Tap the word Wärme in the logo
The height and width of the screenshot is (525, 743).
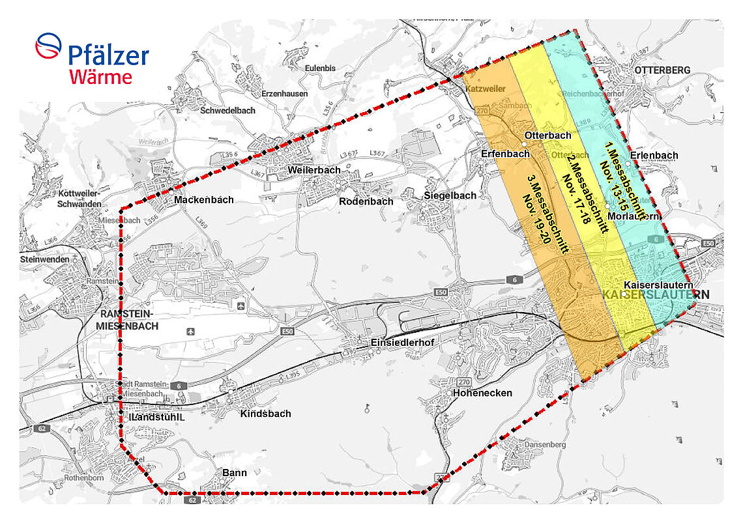[101, 77]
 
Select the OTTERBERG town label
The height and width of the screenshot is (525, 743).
[662, 70]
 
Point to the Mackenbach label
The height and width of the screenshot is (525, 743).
[203, 199]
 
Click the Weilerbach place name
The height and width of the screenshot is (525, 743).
[314, 170]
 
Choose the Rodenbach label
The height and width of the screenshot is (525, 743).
[366, 201]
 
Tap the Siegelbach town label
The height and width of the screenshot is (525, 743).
[450, 195]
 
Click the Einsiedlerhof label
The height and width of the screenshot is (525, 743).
[401, 343]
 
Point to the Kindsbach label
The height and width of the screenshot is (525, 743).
[265, 414]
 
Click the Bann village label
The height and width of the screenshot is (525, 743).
[235, 472]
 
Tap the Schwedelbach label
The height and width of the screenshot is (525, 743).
[228, 110]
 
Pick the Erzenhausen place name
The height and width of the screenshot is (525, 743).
[284, 94]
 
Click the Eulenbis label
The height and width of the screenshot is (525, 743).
[320, 68]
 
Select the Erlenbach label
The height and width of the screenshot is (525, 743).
[654, 155]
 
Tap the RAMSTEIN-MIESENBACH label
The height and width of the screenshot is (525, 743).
[127, 320]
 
